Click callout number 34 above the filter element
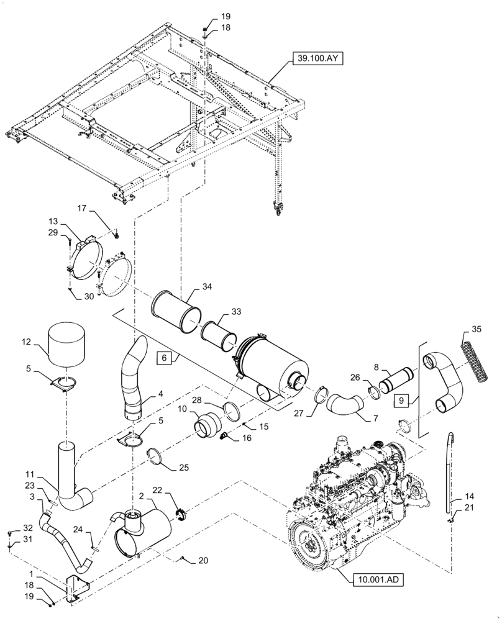point(206,287)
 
